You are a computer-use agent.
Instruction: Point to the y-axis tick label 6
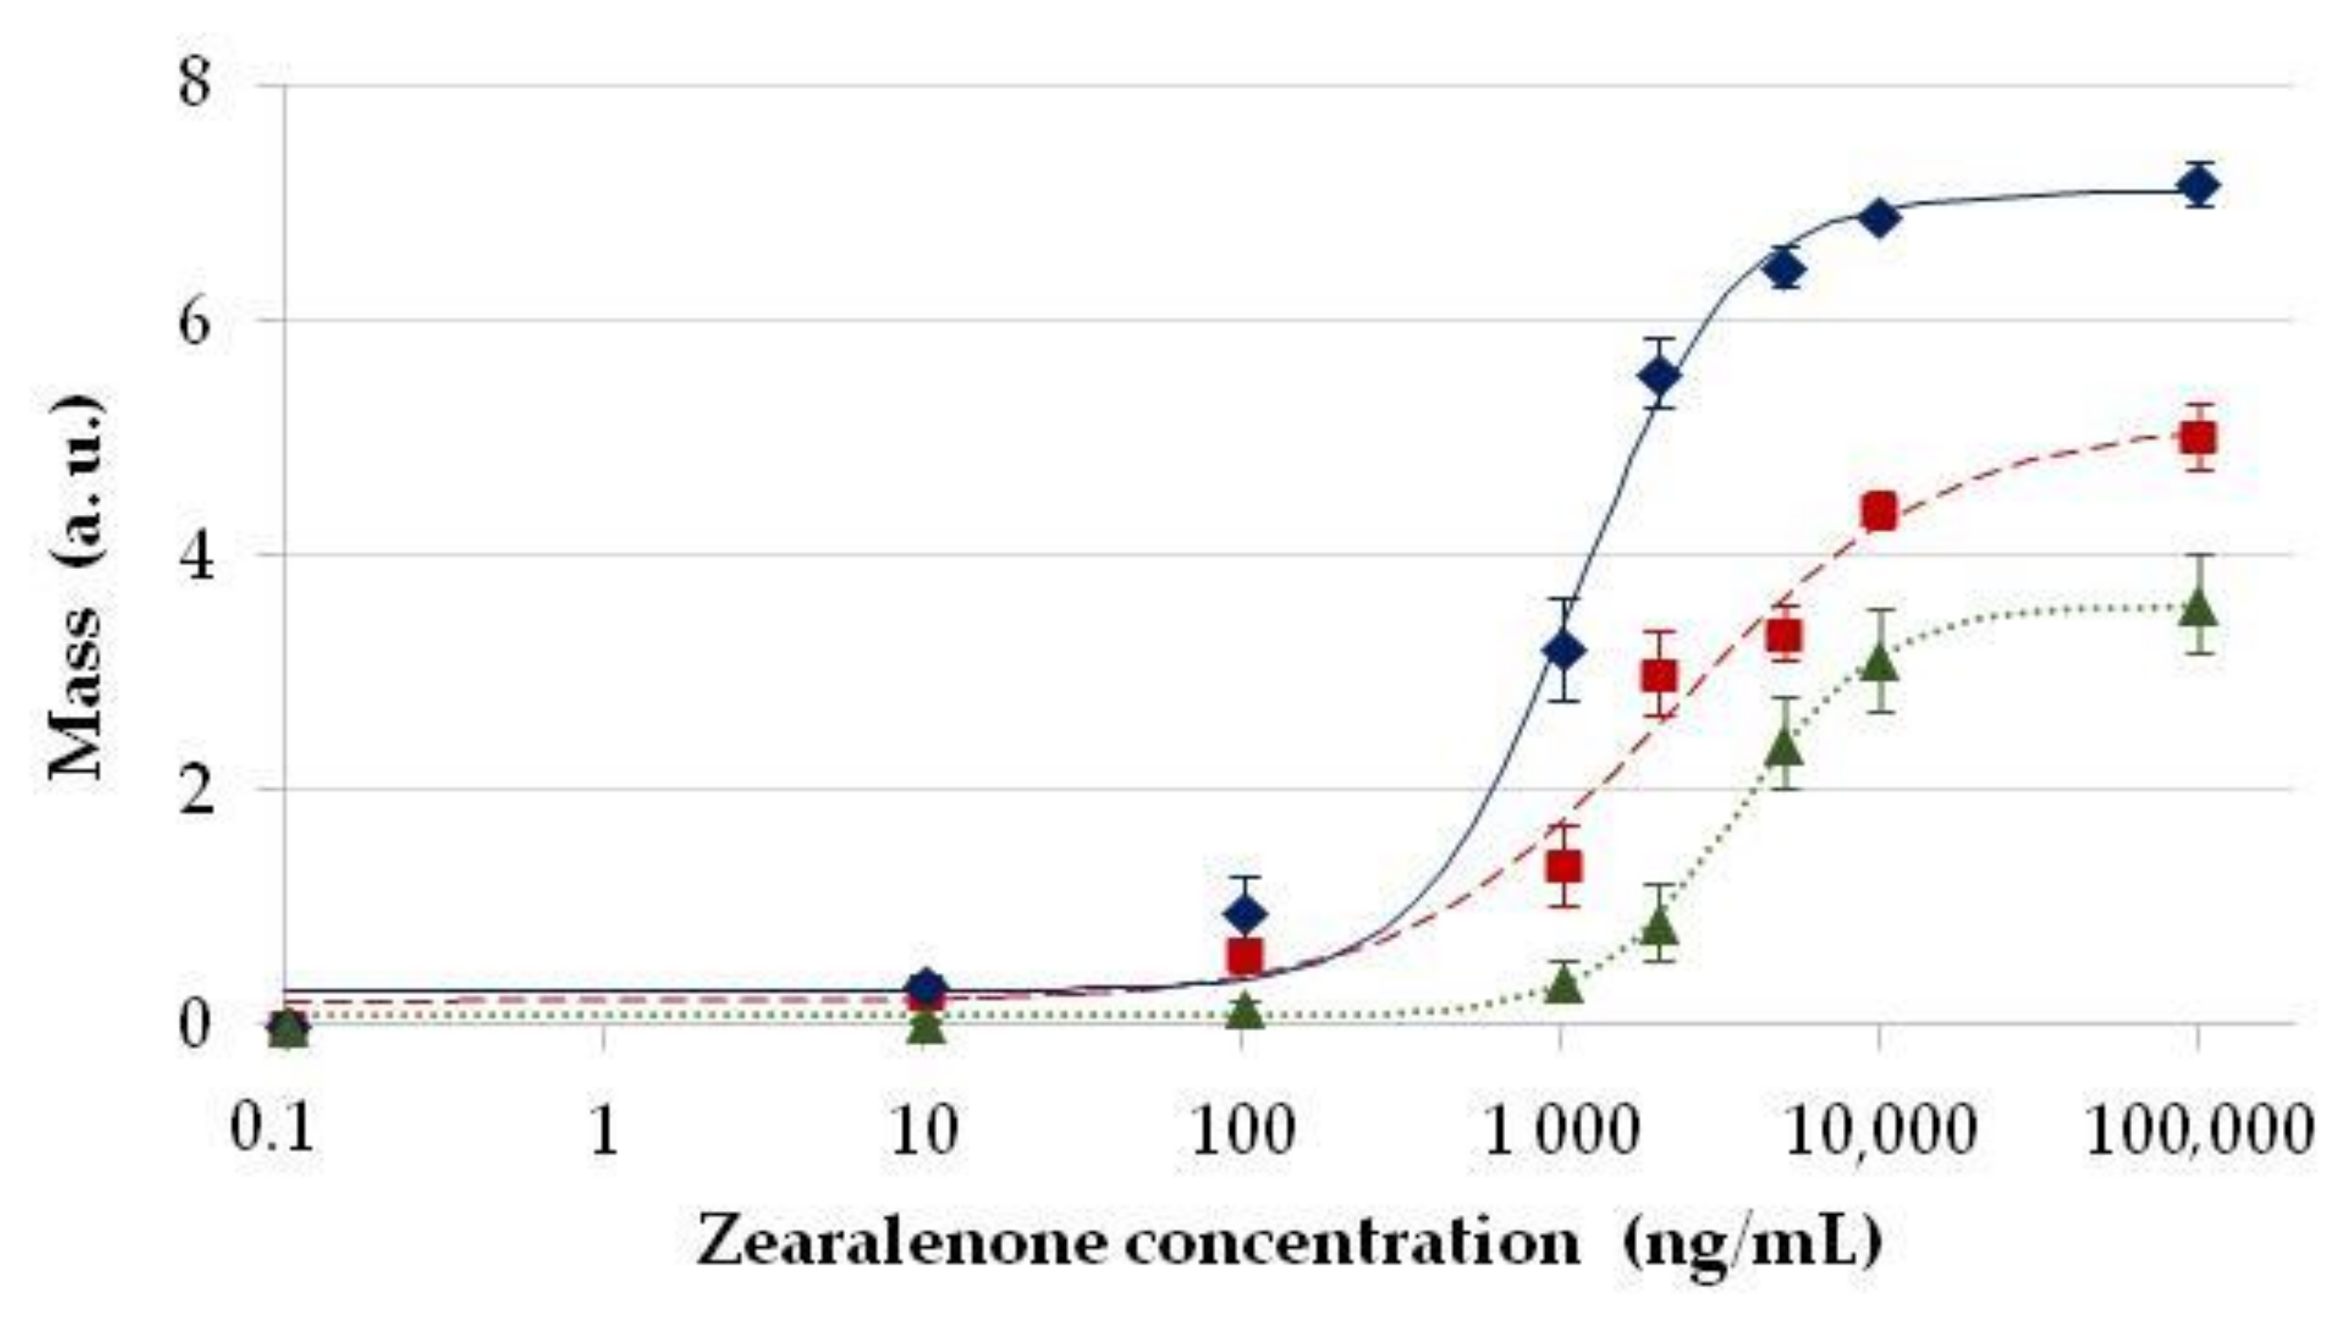pos(195,319)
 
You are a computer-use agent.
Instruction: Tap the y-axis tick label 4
pos(195,555)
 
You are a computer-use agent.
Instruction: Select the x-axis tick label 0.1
pos(272,1131)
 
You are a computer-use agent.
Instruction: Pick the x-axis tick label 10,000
pos(1879,1131)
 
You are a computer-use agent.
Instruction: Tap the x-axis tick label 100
pos(1242,1131)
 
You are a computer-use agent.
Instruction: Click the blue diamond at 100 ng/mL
pos(1245,913)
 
